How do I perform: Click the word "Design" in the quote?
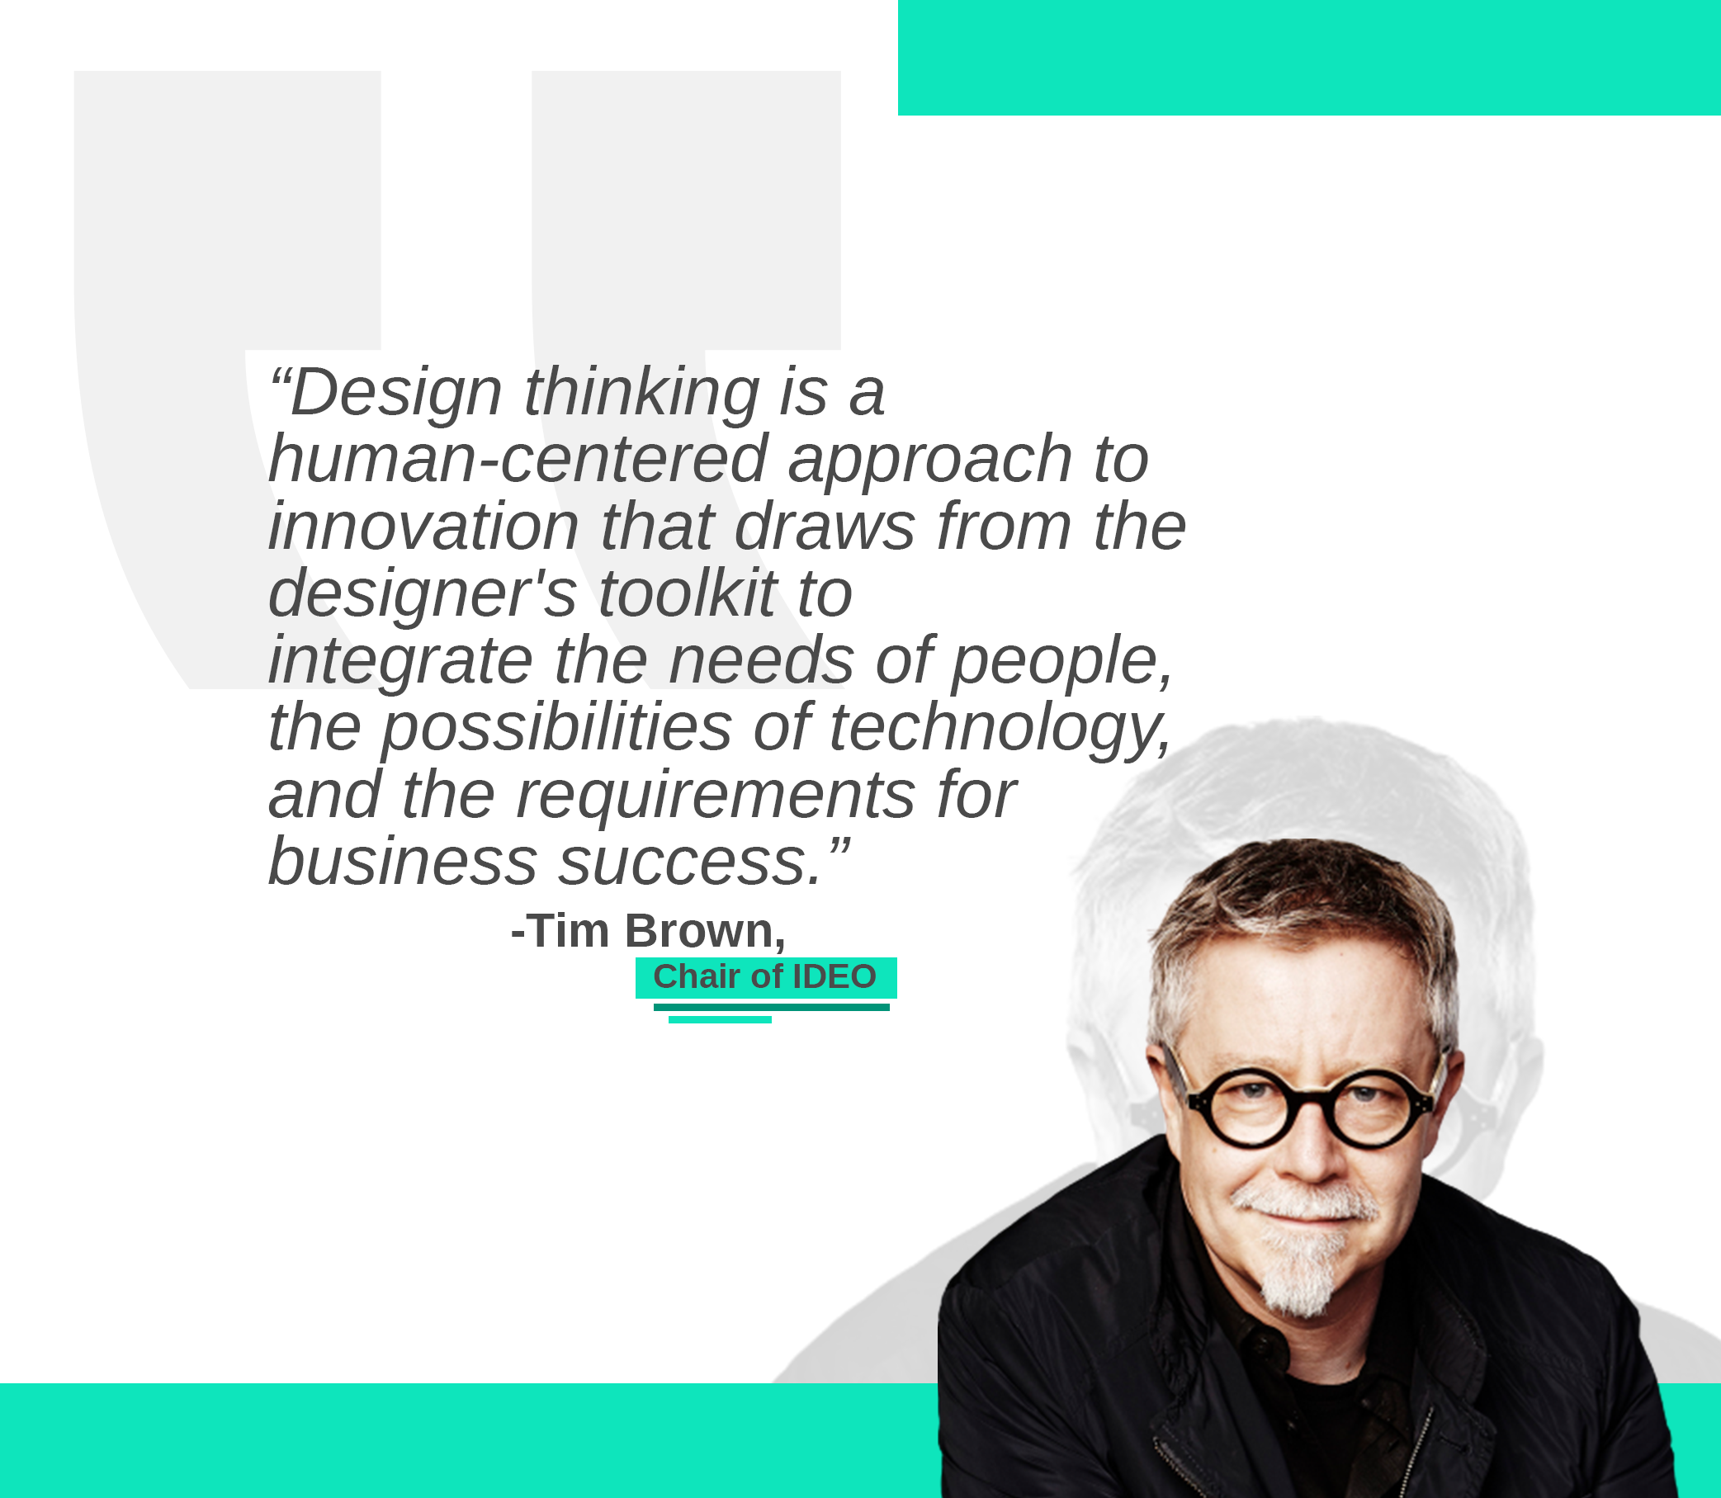tap(396, 393)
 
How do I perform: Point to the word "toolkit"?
tap(687, 593)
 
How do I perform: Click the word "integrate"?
tap(400, 662)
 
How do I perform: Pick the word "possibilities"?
tap(556, 729)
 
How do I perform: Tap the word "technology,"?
tap(1000, 729)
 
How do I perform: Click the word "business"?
tap(403, 861)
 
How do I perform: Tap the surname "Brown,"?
tap(705, 931)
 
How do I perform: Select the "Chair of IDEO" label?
tap(765, 976)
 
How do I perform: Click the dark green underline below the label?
tap(772, 1007)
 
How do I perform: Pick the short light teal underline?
tap(720, 1020)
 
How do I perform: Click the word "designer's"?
tap(422, 593)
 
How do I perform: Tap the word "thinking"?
tap(642, 393)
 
